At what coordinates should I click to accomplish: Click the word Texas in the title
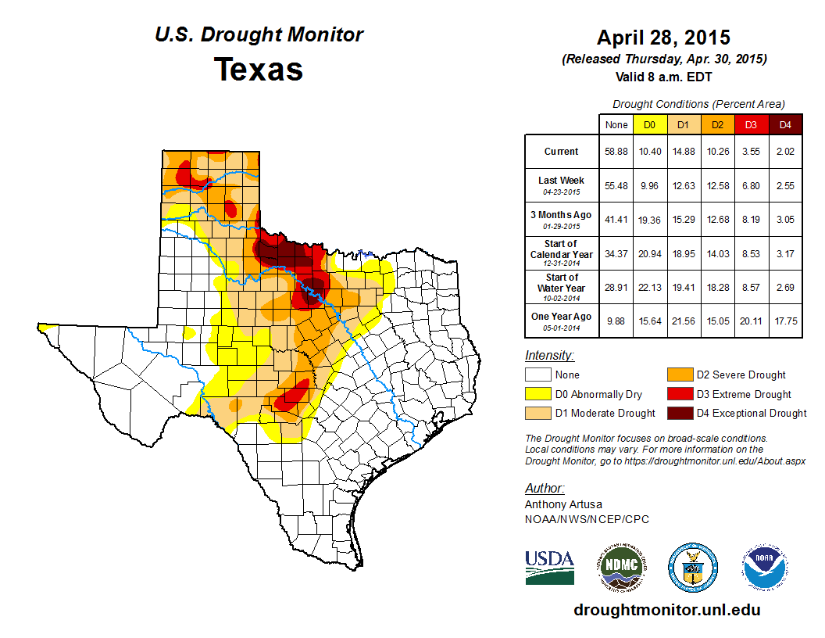click(x=259, y=69)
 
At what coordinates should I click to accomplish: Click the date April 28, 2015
click(x=663, y=37)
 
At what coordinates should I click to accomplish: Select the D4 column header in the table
click(x=785, y=124)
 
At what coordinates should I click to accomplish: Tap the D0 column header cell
click(x=649, y=124)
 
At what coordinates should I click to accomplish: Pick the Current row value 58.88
click(x=616, y=151)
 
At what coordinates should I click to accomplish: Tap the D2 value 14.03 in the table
click(x=717, y=253)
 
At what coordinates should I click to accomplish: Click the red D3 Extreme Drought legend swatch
click(x=679, y=394)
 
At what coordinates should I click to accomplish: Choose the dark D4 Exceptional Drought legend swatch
click(x=679, y=413)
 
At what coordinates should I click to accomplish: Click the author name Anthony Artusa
click(x=562, y=504)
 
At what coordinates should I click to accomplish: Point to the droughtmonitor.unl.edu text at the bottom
click(x=666, y=610)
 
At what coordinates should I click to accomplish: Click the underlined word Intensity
click(x=549, y=356)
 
